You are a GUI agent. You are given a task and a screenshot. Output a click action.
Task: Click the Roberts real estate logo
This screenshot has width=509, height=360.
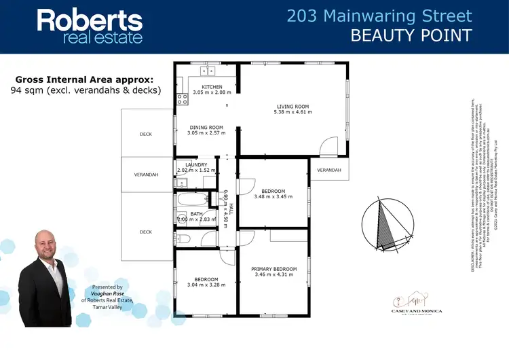tap(90, 26)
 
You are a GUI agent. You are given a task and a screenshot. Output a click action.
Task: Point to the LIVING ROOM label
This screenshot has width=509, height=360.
tap(293, 106)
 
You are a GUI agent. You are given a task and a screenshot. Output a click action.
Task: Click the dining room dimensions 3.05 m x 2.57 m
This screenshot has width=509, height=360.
tap(206, 133)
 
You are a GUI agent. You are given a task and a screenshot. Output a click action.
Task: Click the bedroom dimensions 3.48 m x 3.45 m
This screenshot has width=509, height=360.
tap(274, 197)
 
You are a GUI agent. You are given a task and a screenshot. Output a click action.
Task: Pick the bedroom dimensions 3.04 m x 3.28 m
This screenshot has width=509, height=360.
tap(206, 285)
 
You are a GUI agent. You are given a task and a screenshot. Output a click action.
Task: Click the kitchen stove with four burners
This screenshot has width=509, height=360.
tap(182, 101)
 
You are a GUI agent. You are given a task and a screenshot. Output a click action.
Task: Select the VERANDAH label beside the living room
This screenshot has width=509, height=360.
tap(328, 170)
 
